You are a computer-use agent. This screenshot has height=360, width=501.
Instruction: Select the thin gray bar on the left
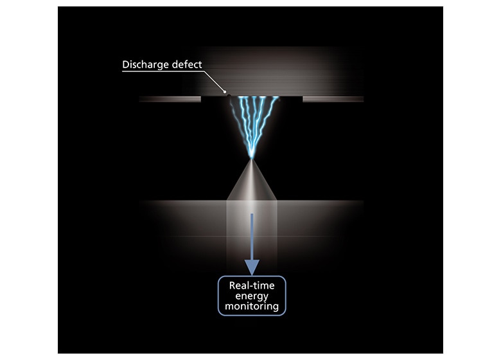pos(170,99)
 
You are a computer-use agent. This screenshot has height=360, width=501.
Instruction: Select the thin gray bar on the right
pos(333,99)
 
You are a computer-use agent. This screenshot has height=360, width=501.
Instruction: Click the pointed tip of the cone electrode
pos(252,159)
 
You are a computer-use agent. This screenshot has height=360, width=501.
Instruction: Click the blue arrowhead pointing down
pos(252,267)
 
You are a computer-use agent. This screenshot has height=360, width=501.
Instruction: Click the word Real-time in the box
pos(252,285)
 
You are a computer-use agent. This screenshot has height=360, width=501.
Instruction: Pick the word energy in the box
pos(252,296)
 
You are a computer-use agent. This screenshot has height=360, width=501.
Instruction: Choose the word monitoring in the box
pos(252,307)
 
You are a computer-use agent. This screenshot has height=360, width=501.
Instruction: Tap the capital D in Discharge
pos(126,65)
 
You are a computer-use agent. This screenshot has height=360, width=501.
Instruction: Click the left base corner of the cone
pos(227,199)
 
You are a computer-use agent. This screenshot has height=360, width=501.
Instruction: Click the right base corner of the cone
pos(276,199)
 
